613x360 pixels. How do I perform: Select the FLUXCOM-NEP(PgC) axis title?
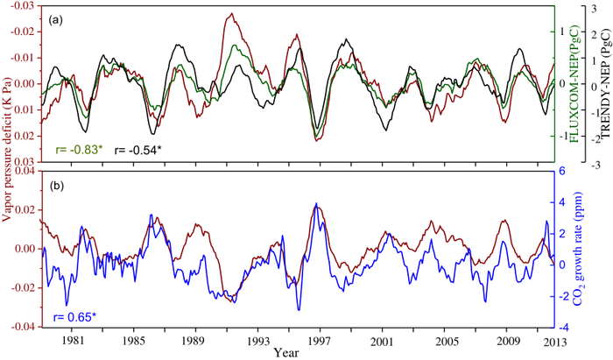point(577,88)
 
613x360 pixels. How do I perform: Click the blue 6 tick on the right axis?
point(565,172)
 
